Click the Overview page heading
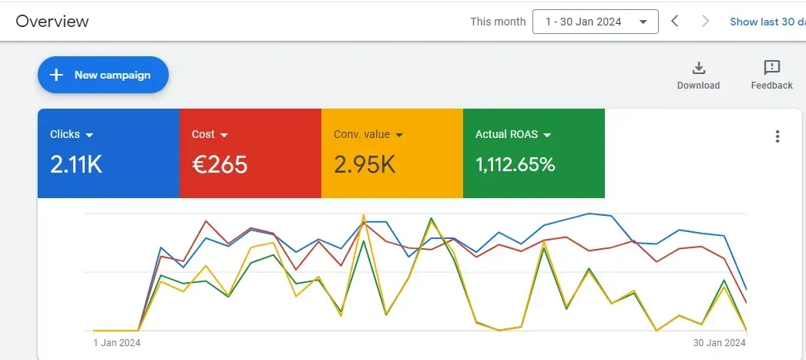52,21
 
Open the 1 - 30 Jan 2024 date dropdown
595,22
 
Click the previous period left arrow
675,21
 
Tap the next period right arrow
705,21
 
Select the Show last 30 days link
767,22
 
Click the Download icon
698,67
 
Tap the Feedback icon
771,67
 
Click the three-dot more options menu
777,136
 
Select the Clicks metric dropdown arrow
89,135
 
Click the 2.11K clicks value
76,163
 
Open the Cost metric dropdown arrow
224,135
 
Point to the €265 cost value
220,163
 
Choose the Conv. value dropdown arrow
399,135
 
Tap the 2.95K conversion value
364,163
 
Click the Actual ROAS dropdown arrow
547,135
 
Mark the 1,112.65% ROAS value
515,163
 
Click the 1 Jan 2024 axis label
116,342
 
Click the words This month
498,22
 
